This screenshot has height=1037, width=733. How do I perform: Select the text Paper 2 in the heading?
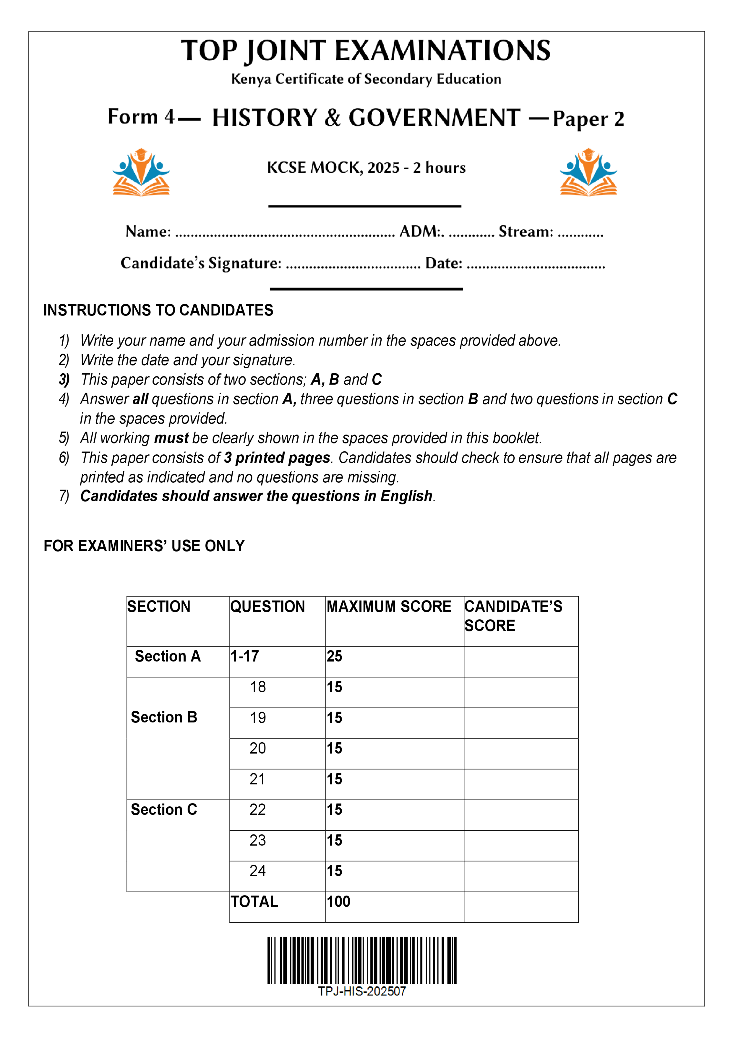(588, 119)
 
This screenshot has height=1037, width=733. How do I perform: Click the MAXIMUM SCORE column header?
(389, 607)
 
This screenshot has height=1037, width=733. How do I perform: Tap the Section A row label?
(168, 656)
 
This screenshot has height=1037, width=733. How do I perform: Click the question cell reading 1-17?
(245, 656)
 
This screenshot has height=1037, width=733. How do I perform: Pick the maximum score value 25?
(335, 656)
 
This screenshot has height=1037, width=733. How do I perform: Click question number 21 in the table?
(257, 779)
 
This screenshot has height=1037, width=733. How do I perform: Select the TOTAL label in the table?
(254, 902)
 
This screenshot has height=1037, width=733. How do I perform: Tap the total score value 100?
(339, 902)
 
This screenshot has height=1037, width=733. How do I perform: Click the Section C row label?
(164, 810)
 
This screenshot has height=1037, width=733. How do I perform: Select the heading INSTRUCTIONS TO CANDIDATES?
(158, 310)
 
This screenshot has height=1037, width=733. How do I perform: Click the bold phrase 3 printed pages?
(277, 458)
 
